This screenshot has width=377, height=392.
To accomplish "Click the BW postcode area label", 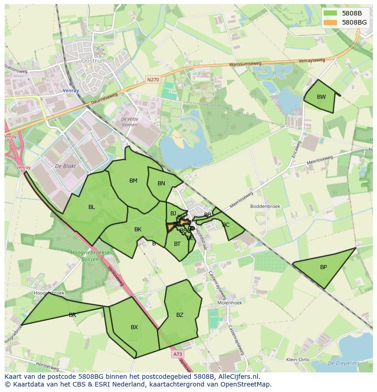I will click(x=321, y=97).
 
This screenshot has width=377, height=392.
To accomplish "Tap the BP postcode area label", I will click(x=323, y=267).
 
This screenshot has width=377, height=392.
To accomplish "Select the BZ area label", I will click(x=179, y=315).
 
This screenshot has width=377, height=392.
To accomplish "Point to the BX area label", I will click(x=134, y=327).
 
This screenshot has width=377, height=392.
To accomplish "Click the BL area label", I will click(x=92, y=207).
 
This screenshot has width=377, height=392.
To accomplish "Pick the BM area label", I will click(x=133, y=181).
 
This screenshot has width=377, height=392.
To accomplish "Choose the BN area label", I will click(x=161, y=183).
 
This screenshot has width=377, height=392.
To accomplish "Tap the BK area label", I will click(x=138, y=229).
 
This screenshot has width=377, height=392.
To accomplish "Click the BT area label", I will click(x=177, y=244).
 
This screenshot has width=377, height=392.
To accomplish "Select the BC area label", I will click(x=226, y=225).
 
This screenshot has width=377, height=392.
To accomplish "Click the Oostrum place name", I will click(x=93, y=61).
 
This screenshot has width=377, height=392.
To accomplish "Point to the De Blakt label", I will click(x=65, y=166).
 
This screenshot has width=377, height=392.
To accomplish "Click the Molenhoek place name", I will click(x=230, y=302).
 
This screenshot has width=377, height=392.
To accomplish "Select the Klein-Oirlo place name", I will click(x=298, y=360).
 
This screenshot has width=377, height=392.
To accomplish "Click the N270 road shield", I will click(x=153, y=80).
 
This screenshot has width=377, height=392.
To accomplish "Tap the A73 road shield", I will click(x=178, y=354).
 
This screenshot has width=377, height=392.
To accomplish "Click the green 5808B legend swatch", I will click(x=330, y=13).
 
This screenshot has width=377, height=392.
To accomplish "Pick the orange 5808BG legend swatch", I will click(x=330, y=22).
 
